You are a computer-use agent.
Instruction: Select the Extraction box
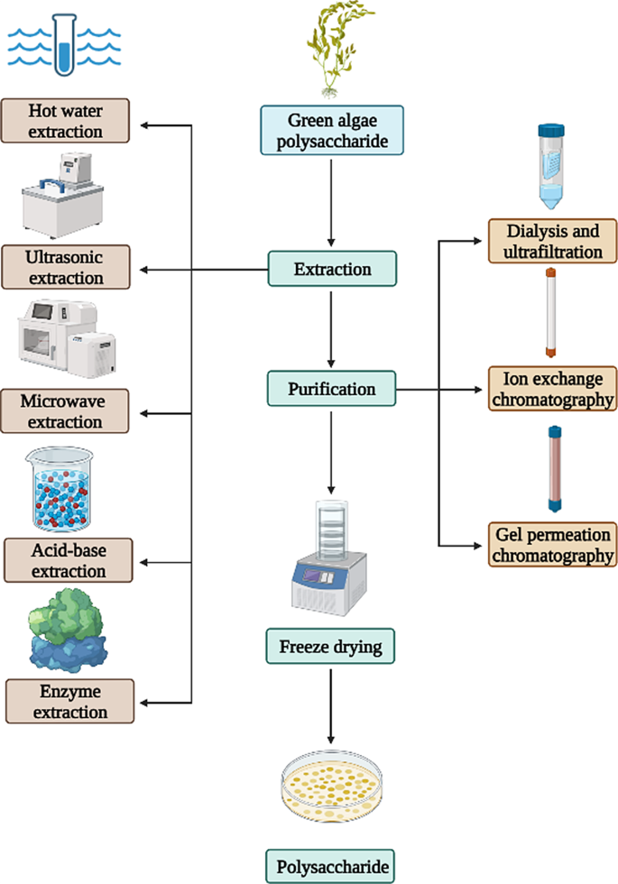tap(332, 269)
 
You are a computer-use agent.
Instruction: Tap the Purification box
tap(332, 389)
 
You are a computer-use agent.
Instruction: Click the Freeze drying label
tap(331, 646)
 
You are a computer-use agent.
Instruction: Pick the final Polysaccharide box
tap(331, 865)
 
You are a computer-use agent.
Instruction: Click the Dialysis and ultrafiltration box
tap(554, 241)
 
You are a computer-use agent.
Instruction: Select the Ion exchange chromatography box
tap(554, 388)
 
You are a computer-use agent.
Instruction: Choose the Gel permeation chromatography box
tap(554, 544)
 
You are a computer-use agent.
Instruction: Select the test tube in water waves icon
tap(63, 45)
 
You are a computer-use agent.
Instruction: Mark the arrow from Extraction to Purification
tap(332, 328)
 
